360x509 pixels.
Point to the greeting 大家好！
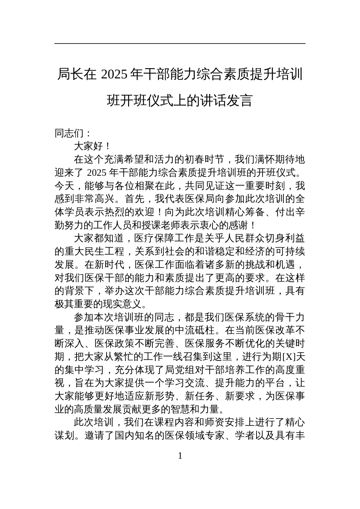coord(92,146)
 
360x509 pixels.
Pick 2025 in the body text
coord(97,172)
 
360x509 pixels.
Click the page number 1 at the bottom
coord(180,456)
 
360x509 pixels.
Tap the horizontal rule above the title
coord(180,44)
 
